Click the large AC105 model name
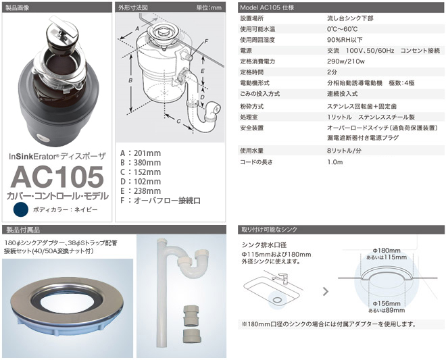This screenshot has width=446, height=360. point(57,177)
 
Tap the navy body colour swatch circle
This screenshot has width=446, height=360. point(21,209)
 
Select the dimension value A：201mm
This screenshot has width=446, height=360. point(141,153)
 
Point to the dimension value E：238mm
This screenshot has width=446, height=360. point(141,191)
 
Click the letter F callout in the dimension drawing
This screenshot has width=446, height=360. point(206,41)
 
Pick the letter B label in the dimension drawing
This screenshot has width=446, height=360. point(130,80)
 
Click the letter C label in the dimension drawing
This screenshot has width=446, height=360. point(178,121)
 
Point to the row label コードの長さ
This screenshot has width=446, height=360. point(256,162)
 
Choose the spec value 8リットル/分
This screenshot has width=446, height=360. point(344,151)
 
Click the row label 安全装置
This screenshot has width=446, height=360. point(252,128)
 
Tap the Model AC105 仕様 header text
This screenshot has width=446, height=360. point(267,7)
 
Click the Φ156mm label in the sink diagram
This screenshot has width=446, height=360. point(387,303)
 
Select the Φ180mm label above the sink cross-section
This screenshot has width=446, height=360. point(387,251)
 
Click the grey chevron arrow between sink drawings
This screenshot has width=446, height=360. point(326,291)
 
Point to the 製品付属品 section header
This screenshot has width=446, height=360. point(23,230)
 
